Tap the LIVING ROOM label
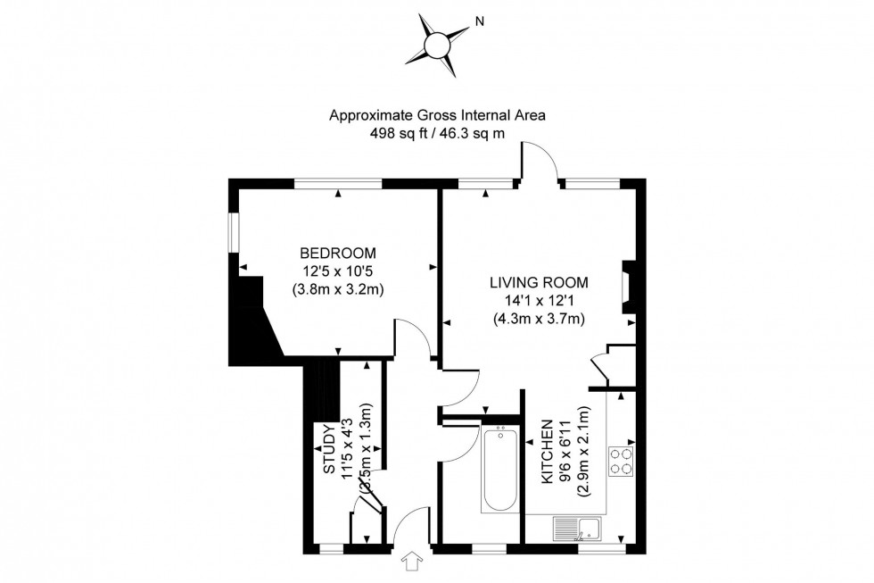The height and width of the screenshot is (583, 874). point(539,283)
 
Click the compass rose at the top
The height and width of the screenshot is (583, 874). point(437,42)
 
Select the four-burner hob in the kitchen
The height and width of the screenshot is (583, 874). point(621,460)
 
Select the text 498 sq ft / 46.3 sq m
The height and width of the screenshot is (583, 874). point(437,133)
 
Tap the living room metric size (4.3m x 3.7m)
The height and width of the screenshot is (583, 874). point(539,319)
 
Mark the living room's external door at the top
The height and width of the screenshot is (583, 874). point(540,165)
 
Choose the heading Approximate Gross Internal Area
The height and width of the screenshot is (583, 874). point(437,115)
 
